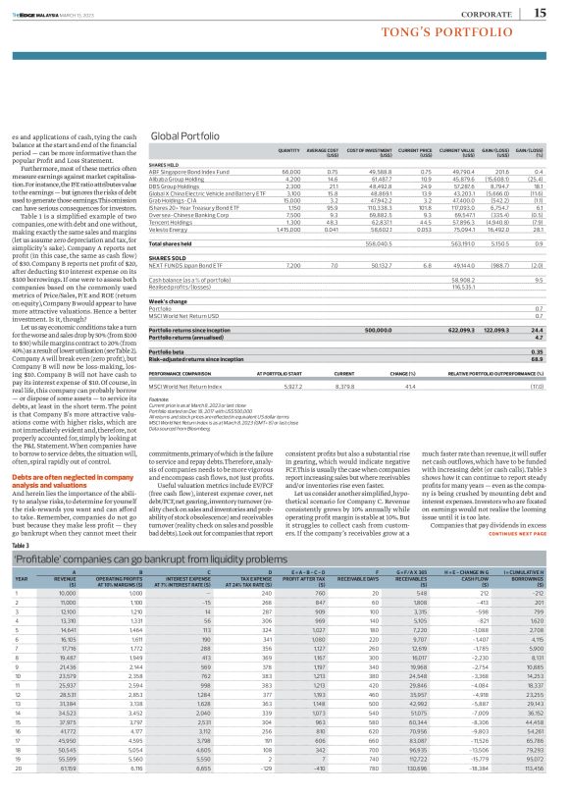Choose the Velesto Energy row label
168,229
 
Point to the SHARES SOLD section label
166,257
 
